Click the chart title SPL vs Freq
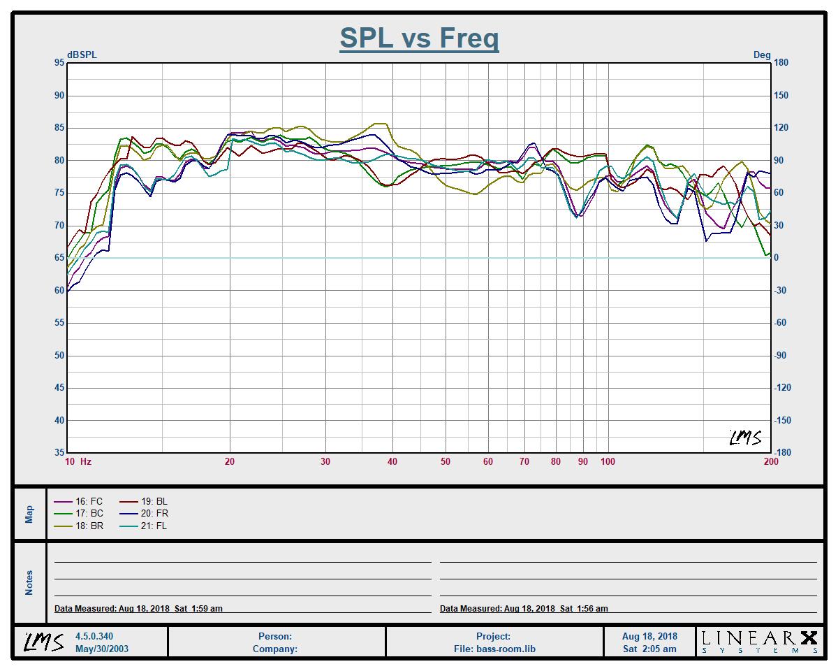[419, 38]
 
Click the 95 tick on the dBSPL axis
[59, 63]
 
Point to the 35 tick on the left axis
[59, 452]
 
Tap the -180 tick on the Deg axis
[781, 452]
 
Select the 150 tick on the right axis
[781, 95]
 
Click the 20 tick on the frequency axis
[229, 461]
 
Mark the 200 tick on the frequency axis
[770, 461]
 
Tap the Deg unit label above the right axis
[762, 55]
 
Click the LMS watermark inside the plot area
[745, 438]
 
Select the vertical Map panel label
[29, 514]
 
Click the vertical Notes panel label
[29, 582]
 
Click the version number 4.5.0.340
[94, 637]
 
